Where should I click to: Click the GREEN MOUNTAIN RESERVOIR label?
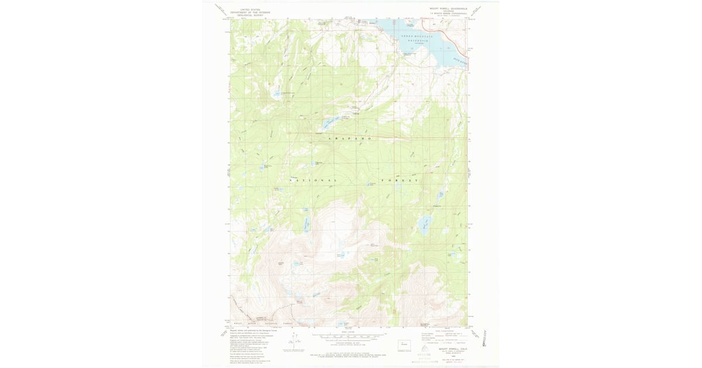(x=415, y=39)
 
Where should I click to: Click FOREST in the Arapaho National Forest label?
(x=401, y=181)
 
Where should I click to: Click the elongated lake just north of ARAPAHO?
(x=328, y=123)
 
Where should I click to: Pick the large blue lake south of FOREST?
(x=425, y=224)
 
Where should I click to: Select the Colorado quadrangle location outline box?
(x=403, y=345)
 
